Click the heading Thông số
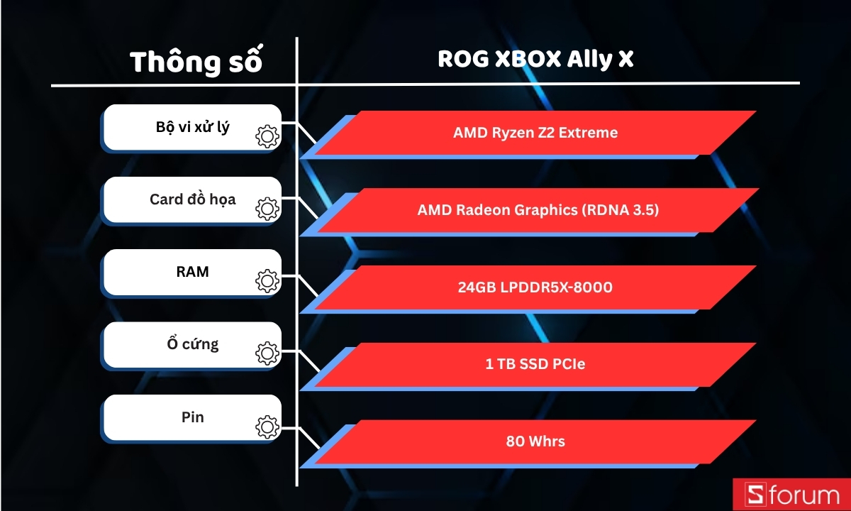coord(196,62)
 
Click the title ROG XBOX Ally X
coord(535,60)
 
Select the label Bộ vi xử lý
coord(192,128)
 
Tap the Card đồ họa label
coord(192,199)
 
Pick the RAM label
coord(192,271)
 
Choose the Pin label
coord(192,417)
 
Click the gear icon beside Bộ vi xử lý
coord(267,136)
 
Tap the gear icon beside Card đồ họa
coord(267,209)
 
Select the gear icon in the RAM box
coord(267,281)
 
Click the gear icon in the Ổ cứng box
coord(267,353)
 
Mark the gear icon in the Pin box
coord(267,427)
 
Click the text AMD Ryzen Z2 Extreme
coord(535,133)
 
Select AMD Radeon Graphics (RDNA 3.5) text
coord(538,210)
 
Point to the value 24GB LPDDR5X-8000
coord(535,287)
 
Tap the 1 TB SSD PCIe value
coord(535,365)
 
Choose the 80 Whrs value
coord(535,441)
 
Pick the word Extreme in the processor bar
coord(588,133)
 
